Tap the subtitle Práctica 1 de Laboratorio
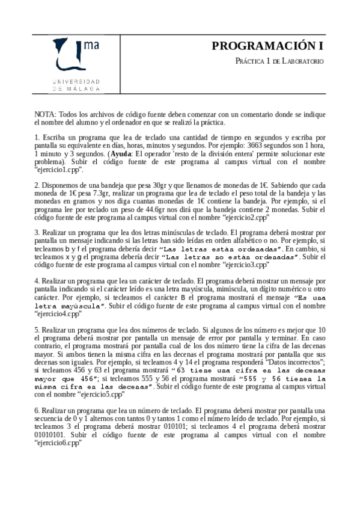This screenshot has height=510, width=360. coord(279,61)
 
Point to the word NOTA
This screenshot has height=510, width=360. coord(44,114)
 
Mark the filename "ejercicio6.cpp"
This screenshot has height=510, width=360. coord(57,442)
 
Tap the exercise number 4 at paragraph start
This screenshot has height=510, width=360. coord(37,281)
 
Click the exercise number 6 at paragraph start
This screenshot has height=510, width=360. coord(37,410)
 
